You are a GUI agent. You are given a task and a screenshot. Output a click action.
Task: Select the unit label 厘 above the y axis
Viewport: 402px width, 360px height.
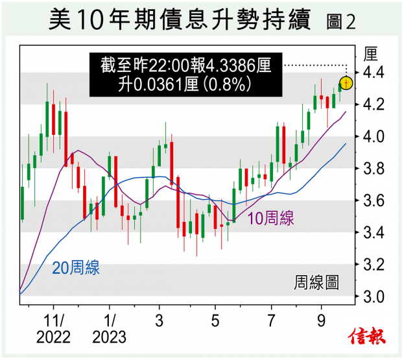point(371,53)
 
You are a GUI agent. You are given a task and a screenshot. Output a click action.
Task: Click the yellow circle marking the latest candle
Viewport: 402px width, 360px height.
point(346,83)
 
